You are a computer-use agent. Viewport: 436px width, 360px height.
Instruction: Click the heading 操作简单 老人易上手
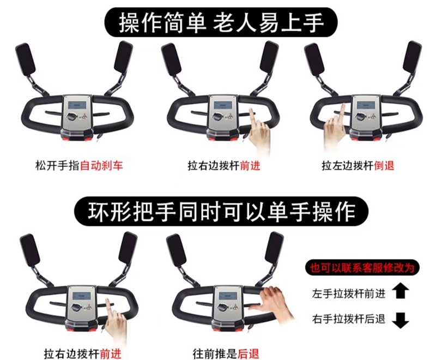click(x=221, y=23)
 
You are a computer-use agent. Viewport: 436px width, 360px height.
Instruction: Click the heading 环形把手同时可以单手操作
click(x=221, y=211)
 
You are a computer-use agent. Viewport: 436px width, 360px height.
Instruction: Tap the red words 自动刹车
click(x=101, y=166)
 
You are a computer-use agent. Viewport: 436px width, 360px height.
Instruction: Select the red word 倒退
click(x=384, y=165)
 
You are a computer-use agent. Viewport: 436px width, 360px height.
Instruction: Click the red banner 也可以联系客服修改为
click(x=362, y=268)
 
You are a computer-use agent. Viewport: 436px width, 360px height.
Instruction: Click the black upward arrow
click(x=400, y=291)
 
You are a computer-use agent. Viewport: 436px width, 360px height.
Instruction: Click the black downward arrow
click(x=400, y=320)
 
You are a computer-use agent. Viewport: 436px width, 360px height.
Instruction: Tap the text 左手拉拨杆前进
click(x=349, y=293)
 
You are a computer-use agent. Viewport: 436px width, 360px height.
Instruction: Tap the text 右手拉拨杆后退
click(x=349, y=319)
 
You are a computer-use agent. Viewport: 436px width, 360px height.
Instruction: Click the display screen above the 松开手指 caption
click(x=77, y=106)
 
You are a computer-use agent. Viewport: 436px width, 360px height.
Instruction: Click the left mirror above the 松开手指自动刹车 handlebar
click(x=25, y=59)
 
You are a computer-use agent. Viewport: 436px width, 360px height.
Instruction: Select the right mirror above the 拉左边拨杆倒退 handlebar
click(x=413, y=57)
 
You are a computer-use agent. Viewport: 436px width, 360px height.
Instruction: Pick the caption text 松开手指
click(x=58, y=166)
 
